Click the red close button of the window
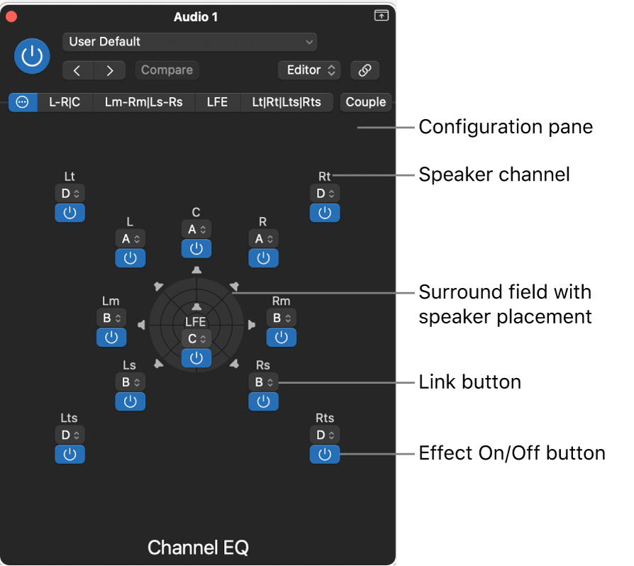point(11,16)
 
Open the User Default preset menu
point(189,42)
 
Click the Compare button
point(167,70)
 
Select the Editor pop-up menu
point(309,70)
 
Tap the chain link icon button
point(365,70)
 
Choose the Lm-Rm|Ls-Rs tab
point(143,102)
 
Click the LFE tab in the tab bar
point(217,102)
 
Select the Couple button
point(365,102)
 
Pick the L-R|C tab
point(65,102)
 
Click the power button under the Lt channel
point(69,213)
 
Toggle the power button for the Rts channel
point(324,455)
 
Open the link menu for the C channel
point(196,229)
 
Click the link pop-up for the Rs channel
point(263,382)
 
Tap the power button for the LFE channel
point(196,358)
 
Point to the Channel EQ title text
point(198,548)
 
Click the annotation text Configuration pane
point(506,128)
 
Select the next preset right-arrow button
point(109,70)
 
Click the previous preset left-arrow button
point(78,70)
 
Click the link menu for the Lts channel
point(69,434)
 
